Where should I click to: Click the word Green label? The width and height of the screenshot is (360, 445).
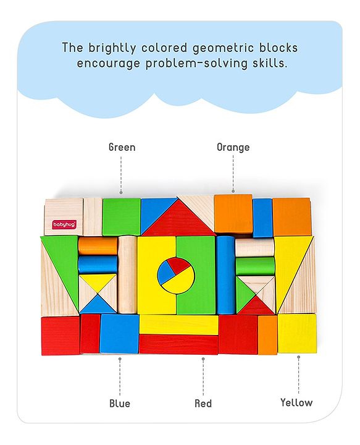[x=122, y=147]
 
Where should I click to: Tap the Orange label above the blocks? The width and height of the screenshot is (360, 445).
[x=233, y=147]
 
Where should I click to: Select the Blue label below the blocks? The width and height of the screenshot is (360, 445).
[x=120, y=403]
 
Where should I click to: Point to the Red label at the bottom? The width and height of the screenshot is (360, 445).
[x=203, y=403]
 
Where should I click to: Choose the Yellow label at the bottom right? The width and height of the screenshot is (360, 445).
[x=296, y=402]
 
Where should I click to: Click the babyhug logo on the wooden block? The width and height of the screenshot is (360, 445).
[x=64, y=224]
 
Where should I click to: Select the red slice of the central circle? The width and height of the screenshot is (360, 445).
[x=180, y=266]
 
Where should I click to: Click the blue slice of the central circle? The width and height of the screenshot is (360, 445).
[x=165, y=273]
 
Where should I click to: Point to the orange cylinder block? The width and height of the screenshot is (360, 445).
[x=98, y=246]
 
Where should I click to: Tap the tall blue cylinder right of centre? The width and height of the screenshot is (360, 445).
[x=225, y=274]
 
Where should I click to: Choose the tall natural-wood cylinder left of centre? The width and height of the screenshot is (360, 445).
[x=127, y=274]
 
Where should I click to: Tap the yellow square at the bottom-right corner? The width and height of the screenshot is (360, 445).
[x=297, y=333]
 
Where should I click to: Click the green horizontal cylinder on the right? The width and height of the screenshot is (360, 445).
[x=255, y=266]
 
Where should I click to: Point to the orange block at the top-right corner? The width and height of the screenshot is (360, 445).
[x=291, y=217]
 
